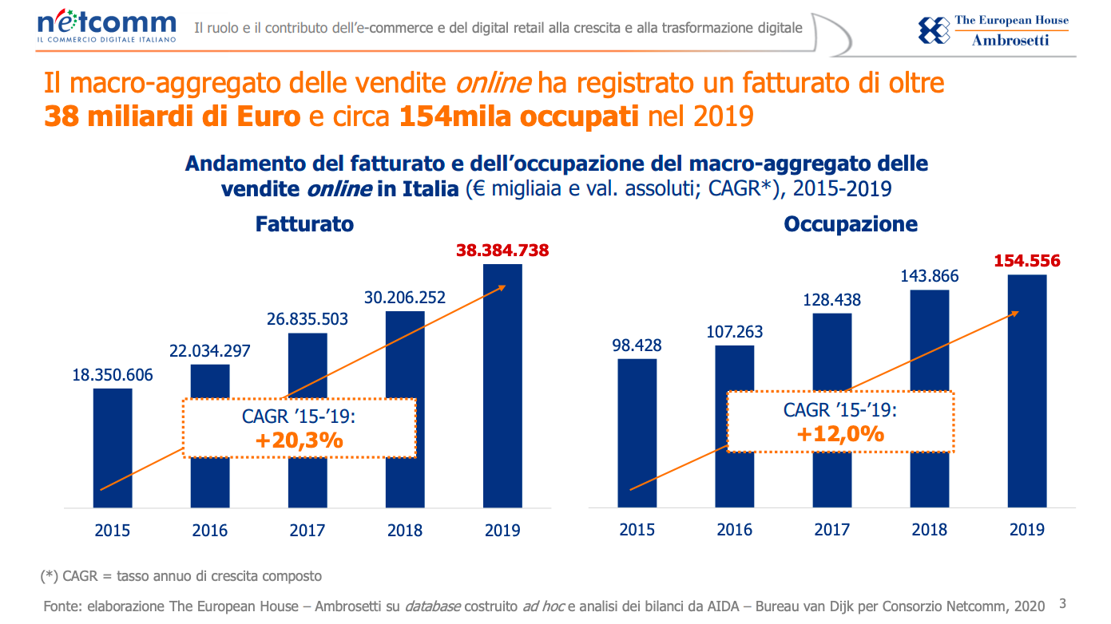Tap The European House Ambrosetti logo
(x=994, y=30)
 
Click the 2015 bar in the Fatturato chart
(x=113, y=448)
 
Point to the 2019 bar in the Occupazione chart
(x=1027, y=391)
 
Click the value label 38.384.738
(x=502, y=251)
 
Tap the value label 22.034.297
(x=210, y=351)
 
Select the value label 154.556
(x=1027, y=261)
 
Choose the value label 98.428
(x=637, y=346)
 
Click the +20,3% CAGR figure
(x=300, y=439)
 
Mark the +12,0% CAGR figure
(x=840, y=433)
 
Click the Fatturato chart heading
(x=304, y=224)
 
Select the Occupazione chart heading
(x=851, y=224)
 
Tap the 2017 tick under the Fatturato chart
(x=308, y=530)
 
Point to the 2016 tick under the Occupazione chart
(x=735, y=529)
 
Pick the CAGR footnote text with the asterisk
(x=181, y=575)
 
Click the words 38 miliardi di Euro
(x=173, y=117)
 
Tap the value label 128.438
(x=832, y=300)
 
